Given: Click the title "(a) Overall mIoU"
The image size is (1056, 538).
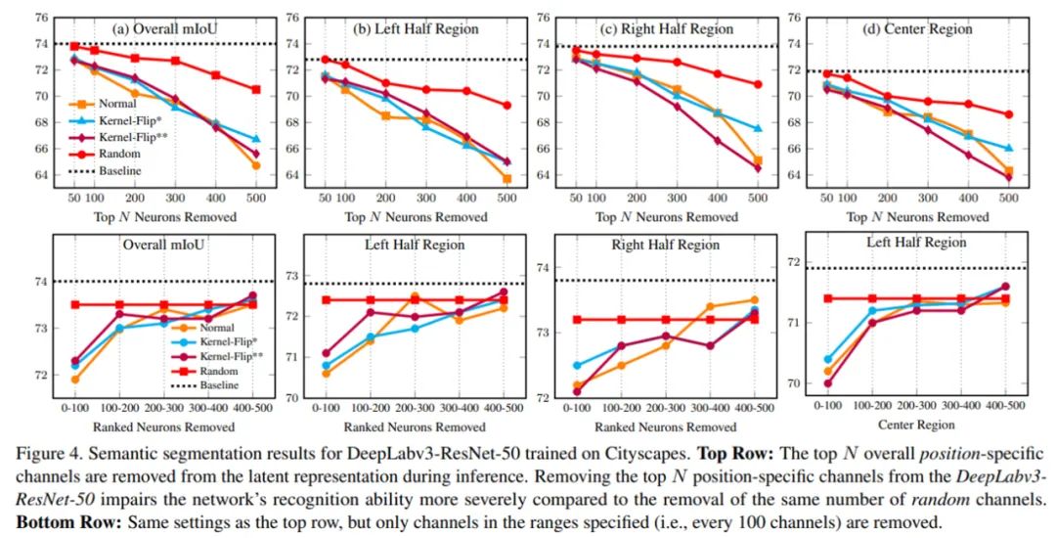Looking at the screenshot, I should click(164, 28).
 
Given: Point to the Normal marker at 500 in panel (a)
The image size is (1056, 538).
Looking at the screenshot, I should click(256, 165).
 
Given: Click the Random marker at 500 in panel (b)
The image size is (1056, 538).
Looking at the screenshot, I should click(507, 105).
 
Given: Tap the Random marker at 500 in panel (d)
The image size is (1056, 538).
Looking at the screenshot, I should click(1009, 114).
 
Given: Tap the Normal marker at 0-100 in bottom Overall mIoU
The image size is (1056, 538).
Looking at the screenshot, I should click(76, 380).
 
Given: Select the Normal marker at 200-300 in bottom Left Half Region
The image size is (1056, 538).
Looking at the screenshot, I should click(415, 296).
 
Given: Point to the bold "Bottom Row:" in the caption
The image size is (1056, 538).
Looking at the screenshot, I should click(46, 521).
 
